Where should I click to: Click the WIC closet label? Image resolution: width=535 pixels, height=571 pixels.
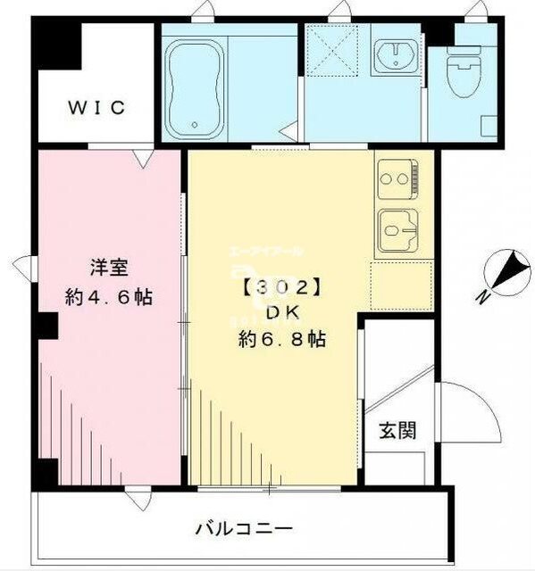pyautogui.click(x=98, y=109)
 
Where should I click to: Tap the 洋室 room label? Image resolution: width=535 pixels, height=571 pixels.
pyautogui.click(x=107, y=267)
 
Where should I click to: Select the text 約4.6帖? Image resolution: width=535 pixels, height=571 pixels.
pyautogui.click(x=108, y=298)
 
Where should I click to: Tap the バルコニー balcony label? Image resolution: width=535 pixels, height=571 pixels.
pyautogui.click(x=244, y=529)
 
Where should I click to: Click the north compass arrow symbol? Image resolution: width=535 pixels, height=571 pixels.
pyautogui.click(x=508, y=269)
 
